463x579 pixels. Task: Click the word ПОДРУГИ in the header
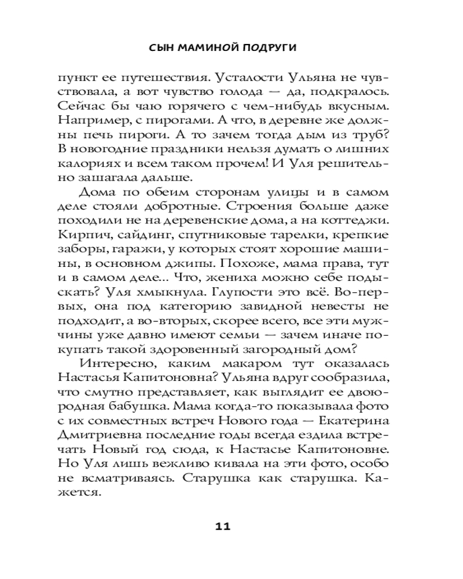[x=270, y=48]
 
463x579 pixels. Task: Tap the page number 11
[x=222, y=526]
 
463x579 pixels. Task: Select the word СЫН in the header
[x=159, y=48]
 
